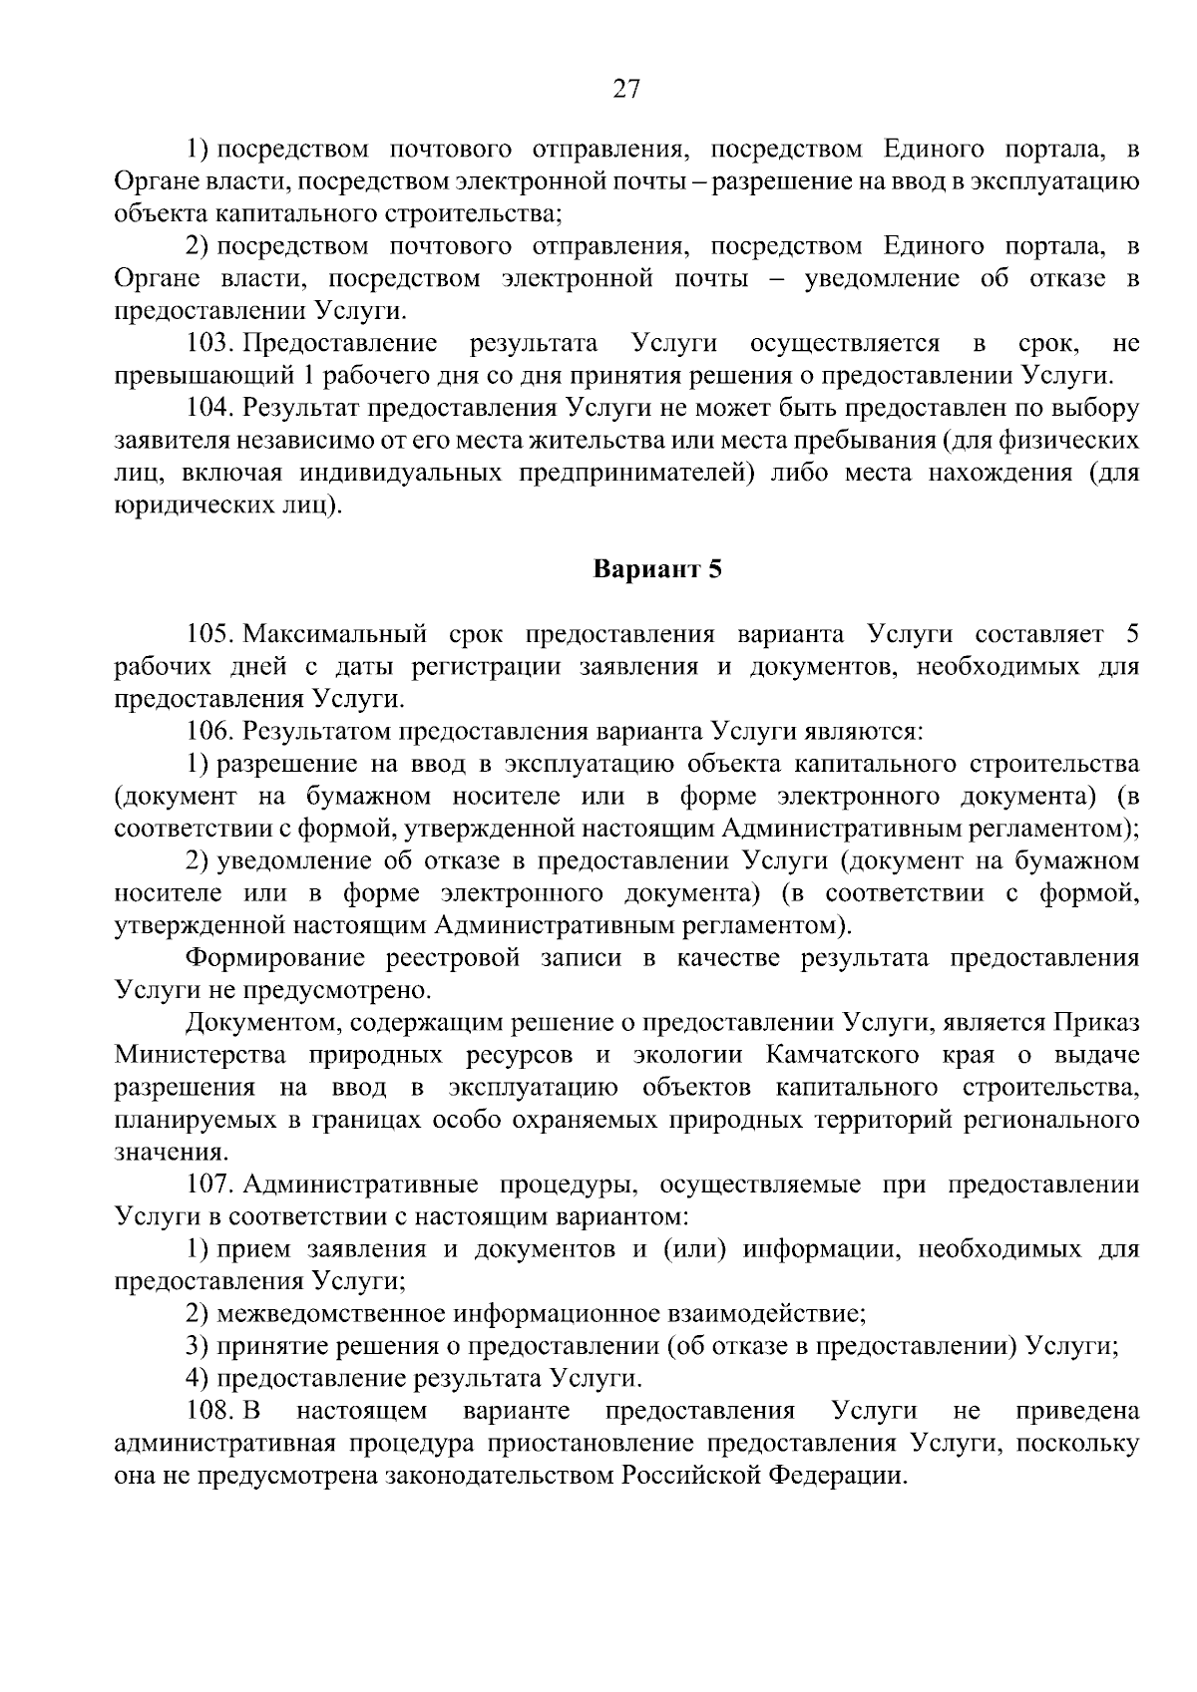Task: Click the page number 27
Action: pyautogui.click(x=625, y=90)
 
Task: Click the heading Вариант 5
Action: pyautogui.click(x=657, y=569)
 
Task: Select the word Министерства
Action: pyautogui.click(x=200, y=1055)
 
